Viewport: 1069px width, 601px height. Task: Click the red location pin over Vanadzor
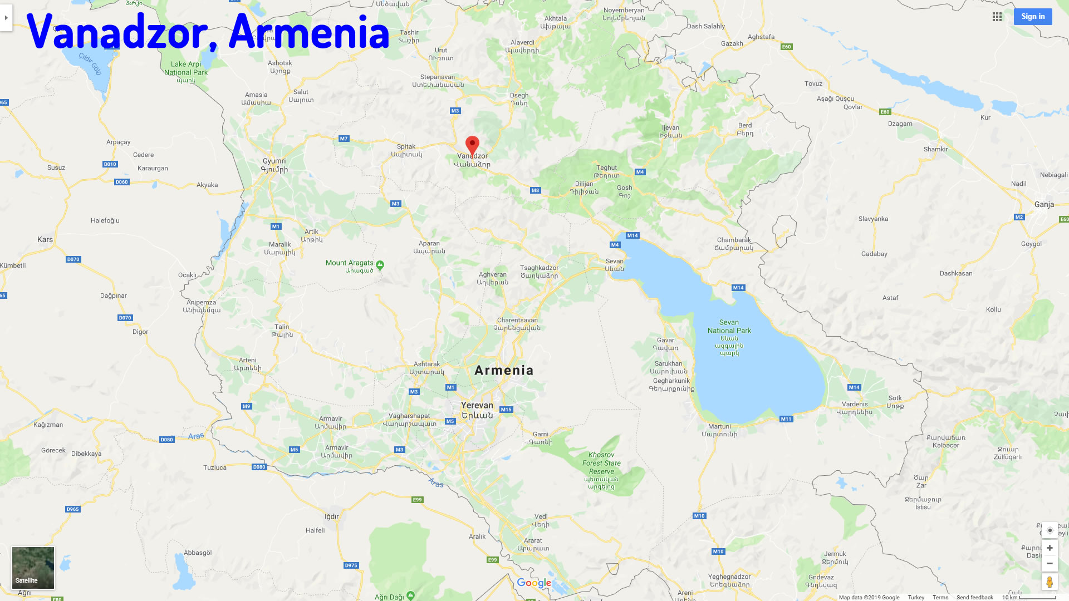[x=472, y=145]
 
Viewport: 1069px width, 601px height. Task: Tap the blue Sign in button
[x=1033, y=17]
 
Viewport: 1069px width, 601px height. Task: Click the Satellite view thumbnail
[x=33, y=568]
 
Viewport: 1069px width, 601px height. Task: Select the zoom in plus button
[x=1050, y=548]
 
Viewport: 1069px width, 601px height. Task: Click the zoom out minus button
[x=1050, y=564]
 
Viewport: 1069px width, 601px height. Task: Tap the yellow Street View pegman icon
[x=1050, y=582]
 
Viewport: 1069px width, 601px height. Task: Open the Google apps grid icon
[x=997, y=17]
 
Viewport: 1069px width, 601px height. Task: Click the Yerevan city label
[x=477, y=406]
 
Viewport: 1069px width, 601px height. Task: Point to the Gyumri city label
[x=274, y=161]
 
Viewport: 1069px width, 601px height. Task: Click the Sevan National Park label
[x=729, y=327]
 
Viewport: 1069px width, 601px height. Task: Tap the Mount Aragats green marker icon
[x=380, y=265]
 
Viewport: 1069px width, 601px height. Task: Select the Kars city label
[x=45, y=240]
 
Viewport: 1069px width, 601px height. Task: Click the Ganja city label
[x=1044, y=205]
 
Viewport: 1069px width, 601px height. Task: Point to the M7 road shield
[x=344, y=139]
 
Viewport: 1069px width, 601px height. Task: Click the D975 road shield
[x=351, y=565]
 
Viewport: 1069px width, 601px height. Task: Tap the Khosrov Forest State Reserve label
[x=601, y=463]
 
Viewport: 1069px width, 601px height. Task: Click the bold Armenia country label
[x=504, y=371]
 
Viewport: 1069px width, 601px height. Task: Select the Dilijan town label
[x=584, y=184]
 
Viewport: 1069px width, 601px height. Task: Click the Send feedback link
[x=974, y=598]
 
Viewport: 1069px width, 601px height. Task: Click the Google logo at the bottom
[x=534, y=583]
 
